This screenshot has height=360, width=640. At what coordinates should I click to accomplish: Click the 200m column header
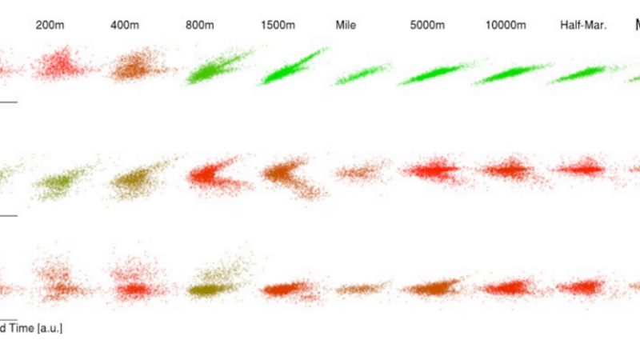coord(50,25)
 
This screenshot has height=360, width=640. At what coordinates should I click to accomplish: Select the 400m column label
coord(124,25)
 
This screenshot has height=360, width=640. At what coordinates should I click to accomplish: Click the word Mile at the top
coord(346,25)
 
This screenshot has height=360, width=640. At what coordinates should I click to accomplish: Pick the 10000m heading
coord(506,25)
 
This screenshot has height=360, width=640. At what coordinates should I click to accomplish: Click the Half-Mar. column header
coord(583,25)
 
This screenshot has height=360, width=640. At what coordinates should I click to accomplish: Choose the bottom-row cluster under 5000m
coord(432,287)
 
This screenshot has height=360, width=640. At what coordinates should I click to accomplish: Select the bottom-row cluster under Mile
coord(358,288)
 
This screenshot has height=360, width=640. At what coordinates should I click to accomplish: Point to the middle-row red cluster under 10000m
coord(506,170)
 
